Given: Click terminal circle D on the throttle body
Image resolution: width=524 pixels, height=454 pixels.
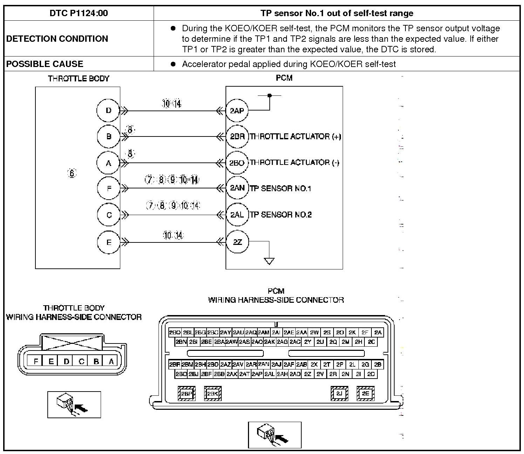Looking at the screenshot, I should (x=108, y=111).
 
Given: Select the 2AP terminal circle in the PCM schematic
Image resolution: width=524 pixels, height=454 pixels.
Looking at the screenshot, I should (x=237, y=111).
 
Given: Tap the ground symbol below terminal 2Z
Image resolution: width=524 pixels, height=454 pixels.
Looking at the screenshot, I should (x=269, y=261).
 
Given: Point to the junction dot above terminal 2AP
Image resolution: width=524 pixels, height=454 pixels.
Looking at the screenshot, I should (x=269, y=95).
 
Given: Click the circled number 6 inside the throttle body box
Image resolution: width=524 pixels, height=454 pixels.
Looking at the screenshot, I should (x=72, y=173).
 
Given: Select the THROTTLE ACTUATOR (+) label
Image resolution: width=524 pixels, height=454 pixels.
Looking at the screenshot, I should (x=295, y=136).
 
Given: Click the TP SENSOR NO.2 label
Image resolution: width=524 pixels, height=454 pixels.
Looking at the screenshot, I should (x=281, y=214).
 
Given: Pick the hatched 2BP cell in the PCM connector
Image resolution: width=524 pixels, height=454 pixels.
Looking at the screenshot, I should (x=187, y=394).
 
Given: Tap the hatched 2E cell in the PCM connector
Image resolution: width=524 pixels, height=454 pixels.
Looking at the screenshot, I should (x=365, y=393).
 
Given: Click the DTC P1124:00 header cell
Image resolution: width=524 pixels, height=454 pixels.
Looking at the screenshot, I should (x=79, y=13).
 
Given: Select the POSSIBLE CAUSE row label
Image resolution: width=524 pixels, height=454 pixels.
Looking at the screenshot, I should (x=45, y=64).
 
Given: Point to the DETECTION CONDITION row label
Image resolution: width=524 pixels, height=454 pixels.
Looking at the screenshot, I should (x=57, y=39).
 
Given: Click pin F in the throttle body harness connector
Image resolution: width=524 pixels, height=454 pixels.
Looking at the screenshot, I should (x=36, y=361).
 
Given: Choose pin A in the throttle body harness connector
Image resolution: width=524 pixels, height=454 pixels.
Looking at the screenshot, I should (x=111, y=361).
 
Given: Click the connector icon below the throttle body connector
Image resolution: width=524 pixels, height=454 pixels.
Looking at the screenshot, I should (x=74, y=405).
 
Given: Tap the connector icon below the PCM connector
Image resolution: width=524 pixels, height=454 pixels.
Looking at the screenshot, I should (x=275, y=435).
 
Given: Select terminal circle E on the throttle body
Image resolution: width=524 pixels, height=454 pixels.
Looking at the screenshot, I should (x=109, y=242).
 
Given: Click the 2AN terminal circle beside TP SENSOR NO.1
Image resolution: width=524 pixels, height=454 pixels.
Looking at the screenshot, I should (x=237, y=188).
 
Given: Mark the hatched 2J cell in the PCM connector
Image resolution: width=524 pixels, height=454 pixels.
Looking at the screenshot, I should (x=339, y=393).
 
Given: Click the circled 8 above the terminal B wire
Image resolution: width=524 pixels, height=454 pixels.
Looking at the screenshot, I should (x=130, y=130).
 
